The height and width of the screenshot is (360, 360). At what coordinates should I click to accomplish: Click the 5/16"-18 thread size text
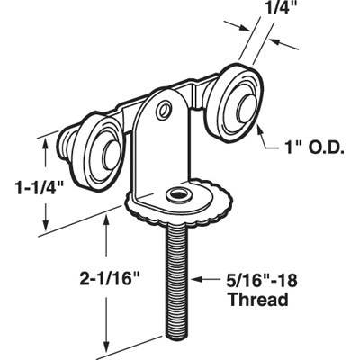[261, 280]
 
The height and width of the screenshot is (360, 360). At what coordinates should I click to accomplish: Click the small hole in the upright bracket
[163, 111]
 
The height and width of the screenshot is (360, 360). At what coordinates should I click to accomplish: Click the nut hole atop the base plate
[177, 195]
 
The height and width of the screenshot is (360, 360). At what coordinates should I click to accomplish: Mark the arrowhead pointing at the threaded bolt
[193, 280]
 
